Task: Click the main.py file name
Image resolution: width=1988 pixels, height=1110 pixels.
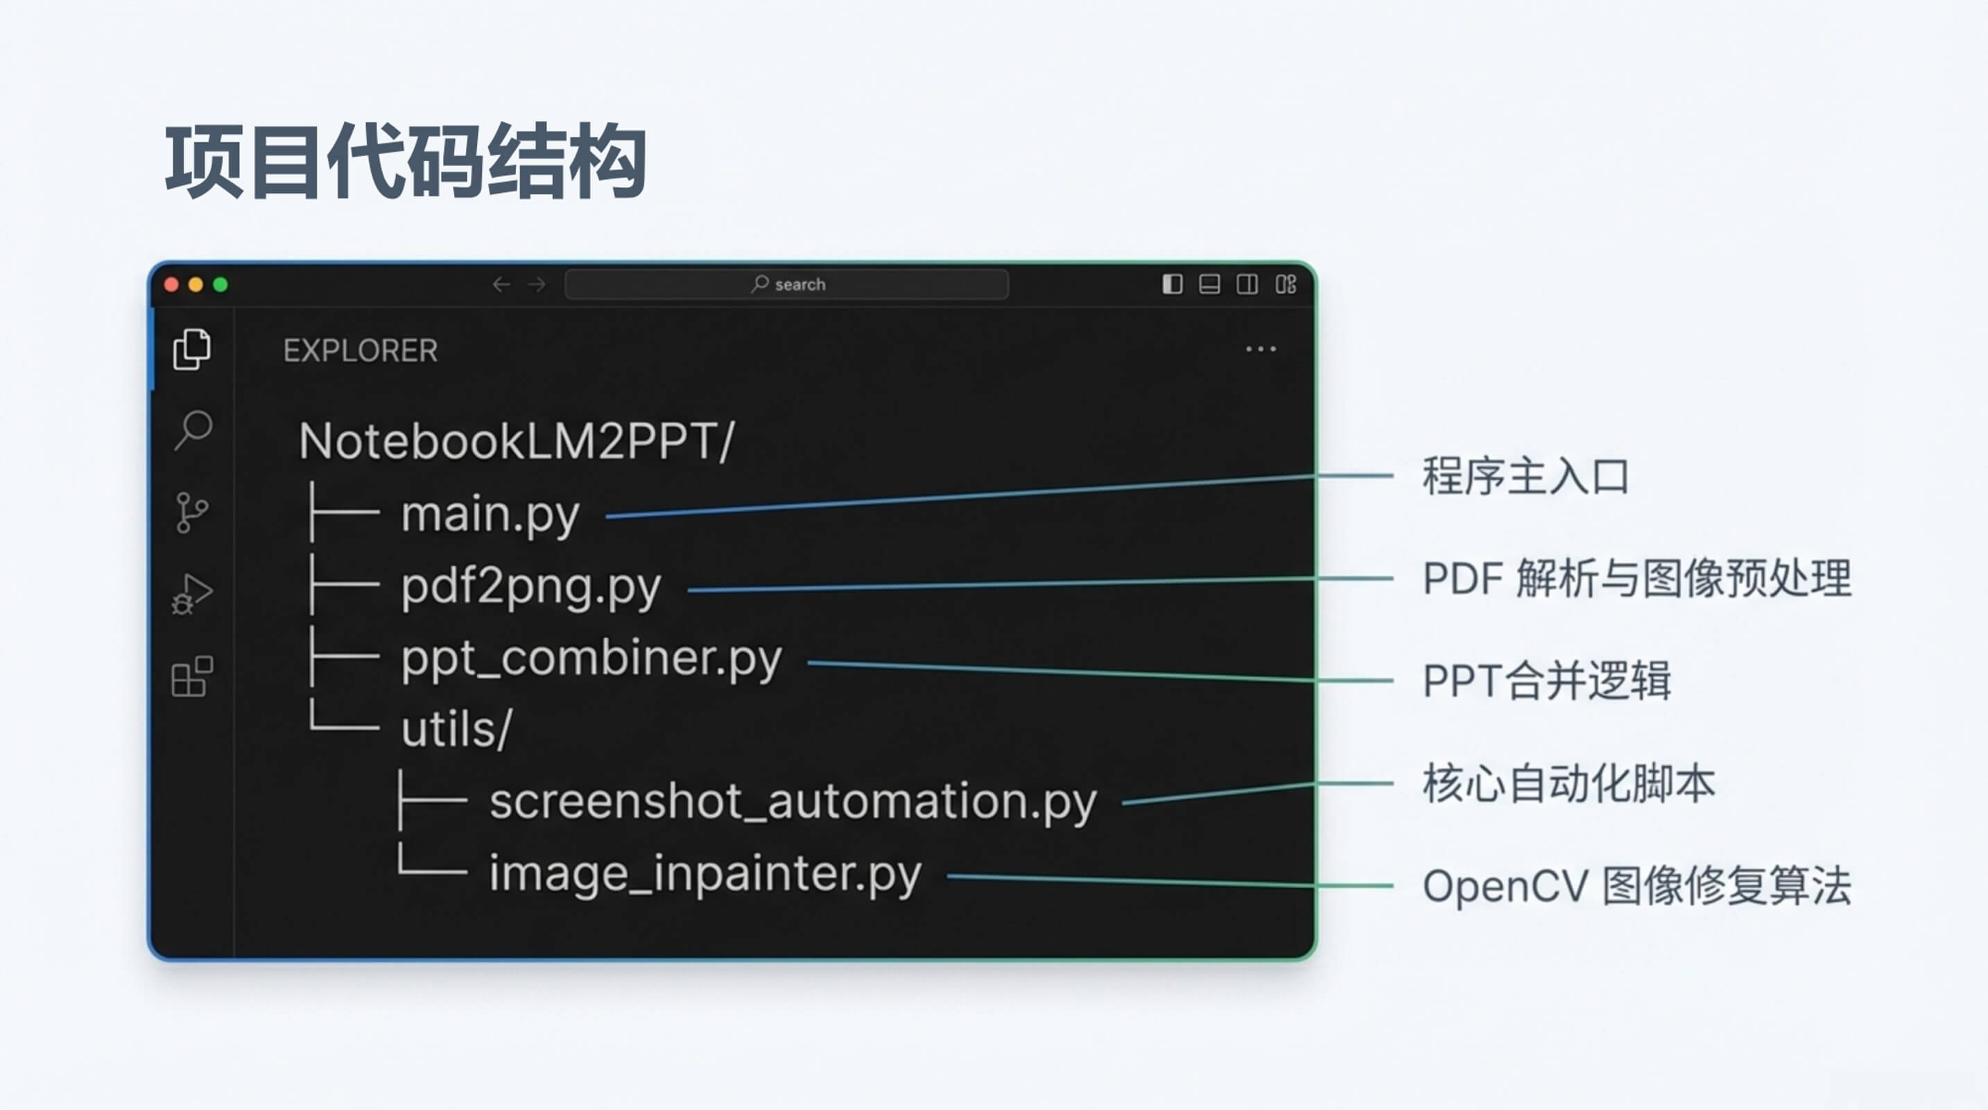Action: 490,514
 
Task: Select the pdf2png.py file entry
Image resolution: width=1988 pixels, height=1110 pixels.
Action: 530,587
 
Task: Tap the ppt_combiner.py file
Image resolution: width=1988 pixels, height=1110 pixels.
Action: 591,658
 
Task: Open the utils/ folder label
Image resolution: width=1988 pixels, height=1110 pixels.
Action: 456,729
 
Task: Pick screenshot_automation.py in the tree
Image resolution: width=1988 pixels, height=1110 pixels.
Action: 793,801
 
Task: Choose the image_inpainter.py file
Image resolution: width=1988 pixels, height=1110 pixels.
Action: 705,874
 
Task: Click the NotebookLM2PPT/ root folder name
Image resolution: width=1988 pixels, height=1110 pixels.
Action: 517,441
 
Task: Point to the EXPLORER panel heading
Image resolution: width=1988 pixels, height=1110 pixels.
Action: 361,351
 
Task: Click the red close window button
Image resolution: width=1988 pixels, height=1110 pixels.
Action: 172,285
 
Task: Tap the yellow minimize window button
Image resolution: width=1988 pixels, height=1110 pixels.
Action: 196,285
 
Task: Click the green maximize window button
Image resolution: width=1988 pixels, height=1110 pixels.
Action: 221,285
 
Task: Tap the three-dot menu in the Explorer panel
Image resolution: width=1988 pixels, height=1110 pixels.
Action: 1260,350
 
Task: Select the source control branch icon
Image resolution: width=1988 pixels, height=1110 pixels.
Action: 191,513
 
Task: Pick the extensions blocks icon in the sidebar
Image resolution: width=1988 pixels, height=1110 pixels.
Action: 191,677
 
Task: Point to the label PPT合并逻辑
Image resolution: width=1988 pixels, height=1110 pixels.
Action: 1546,681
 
